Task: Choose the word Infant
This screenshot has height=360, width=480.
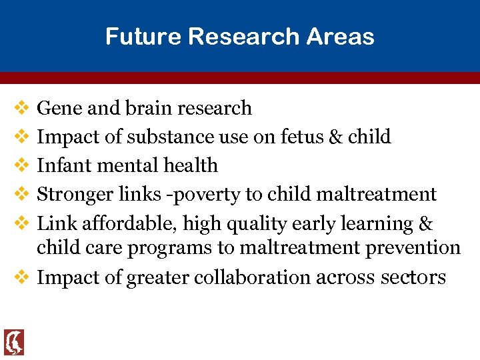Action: (x=61, y=165)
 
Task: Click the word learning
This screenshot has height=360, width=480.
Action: (x=373, y=224)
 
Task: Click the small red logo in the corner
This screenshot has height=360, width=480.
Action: (x=13, y=342)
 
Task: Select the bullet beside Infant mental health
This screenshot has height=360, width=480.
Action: (x=20, y=165)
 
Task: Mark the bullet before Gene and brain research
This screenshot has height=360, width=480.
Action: (x=20, y=107)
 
